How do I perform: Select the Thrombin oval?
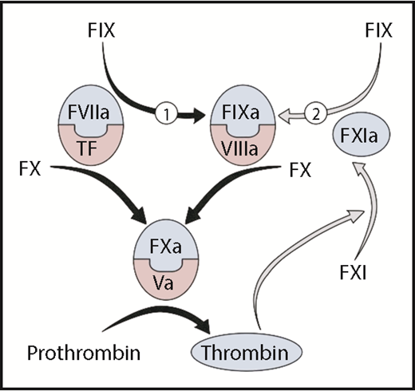click(x=251, y=350)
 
